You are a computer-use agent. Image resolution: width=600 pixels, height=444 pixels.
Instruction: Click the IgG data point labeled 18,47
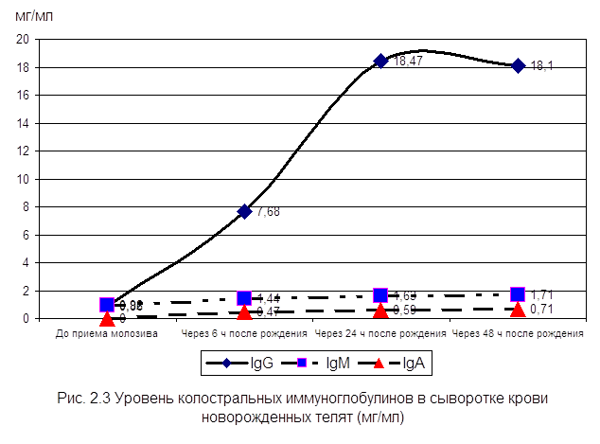pos(380,61)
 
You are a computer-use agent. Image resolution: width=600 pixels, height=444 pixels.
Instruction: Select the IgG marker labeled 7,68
pos(244,211)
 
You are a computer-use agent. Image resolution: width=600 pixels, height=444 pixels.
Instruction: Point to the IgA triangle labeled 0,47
pos(244,311)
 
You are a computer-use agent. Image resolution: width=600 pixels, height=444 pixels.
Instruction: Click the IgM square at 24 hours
pos(380,295)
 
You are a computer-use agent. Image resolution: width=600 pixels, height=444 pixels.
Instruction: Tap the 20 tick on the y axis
pos(24,40)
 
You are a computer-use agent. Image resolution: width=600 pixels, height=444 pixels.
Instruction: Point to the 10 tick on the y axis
pos(24,179)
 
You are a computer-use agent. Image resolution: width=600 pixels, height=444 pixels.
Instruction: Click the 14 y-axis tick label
pos(24,123)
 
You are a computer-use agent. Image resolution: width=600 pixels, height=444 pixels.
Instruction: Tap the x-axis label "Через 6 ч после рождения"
pos(244,334)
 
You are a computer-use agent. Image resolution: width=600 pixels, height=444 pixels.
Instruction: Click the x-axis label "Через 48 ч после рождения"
pos(518,334)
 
